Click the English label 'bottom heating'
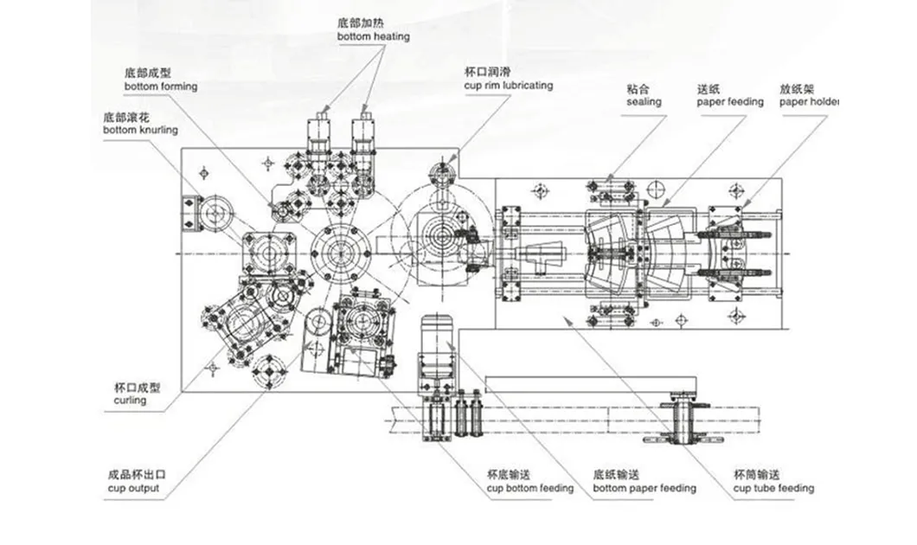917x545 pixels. (x=374, y=37)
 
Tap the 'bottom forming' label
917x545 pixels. (x=160, y=87)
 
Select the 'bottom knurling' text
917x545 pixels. (x=139, y=130)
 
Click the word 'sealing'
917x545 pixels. (x=644, y=102)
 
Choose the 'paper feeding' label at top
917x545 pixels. (x=730, y=102)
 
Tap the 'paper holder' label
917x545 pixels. (x=809, y=102)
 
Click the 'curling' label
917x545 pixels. (x=130, y=401)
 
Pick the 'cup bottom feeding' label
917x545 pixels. (x=529, y=489)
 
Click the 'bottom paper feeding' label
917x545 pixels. (x=644, y=489)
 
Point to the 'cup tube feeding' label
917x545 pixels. (x=773, y=489)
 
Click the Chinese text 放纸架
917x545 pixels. (x=794, y=88)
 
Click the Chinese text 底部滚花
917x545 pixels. (x=124, y=116)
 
